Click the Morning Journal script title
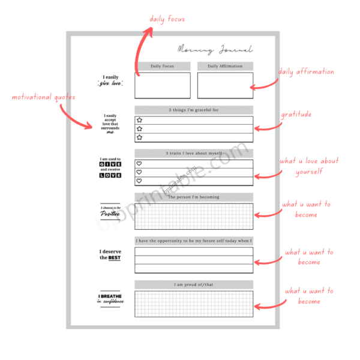215,50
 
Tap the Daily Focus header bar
162,66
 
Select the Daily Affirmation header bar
225,66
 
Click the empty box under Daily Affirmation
225,85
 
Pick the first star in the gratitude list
139,120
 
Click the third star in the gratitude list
139,137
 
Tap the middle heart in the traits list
139,172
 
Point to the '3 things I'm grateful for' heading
193,110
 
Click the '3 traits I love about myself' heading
193,154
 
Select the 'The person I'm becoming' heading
193,197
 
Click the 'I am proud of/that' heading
193,284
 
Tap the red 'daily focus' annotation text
167,19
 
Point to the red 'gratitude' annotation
296,115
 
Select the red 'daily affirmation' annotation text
306,72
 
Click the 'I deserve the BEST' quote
110,254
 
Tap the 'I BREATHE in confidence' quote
110,298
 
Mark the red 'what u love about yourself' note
308,166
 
